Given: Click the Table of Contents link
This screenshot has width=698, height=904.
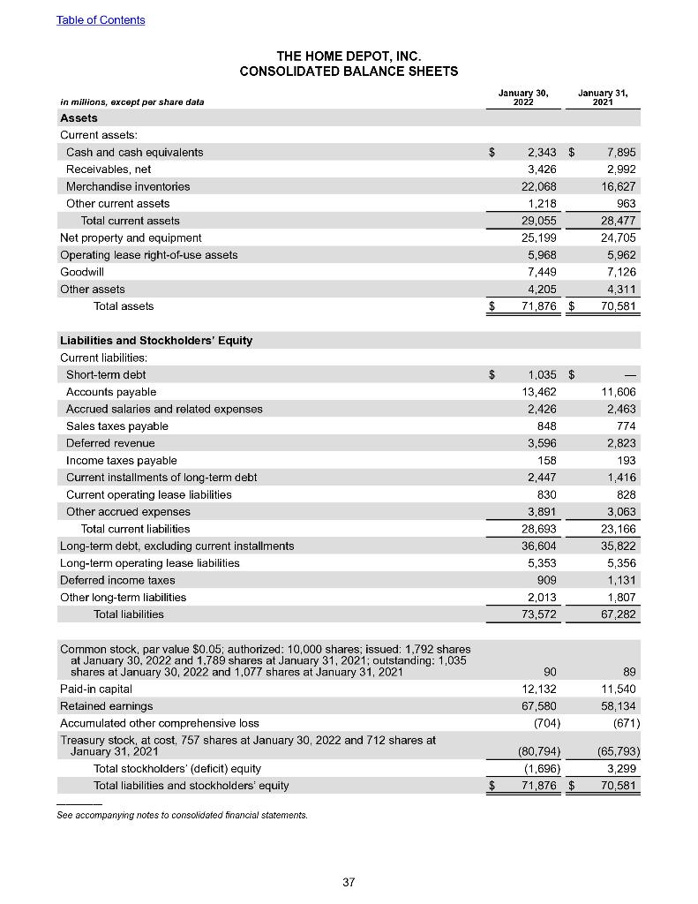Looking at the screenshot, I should click(x=101, y=19).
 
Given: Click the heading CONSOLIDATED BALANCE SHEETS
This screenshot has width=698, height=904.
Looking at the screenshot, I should click(x=349, y=71).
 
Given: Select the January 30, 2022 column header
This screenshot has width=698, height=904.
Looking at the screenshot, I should click(x=523, y=96).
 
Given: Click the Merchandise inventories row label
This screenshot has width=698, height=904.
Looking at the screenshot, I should click(x=128, y=186).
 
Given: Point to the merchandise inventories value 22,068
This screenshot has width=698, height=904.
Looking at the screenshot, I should click(x=537, y=186).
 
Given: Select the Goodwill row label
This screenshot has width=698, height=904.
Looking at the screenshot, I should click(x=81, y=272).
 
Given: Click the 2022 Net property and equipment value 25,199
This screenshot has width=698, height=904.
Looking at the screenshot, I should click(x=537, y=237).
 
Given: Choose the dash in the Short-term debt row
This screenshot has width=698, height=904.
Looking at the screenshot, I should click(x=630, y=374).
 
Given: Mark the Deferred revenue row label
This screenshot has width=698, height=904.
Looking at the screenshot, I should click(x=110, y=443).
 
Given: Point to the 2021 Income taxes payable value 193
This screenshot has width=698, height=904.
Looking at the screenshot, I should click(x=625, y=460).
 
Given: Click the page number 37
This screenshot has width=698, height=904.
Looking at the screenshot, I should click(x=349, y=881).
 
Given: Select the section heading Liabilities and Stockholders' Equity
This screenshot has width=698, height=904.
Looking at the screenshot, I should click(x=155, y=341).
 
